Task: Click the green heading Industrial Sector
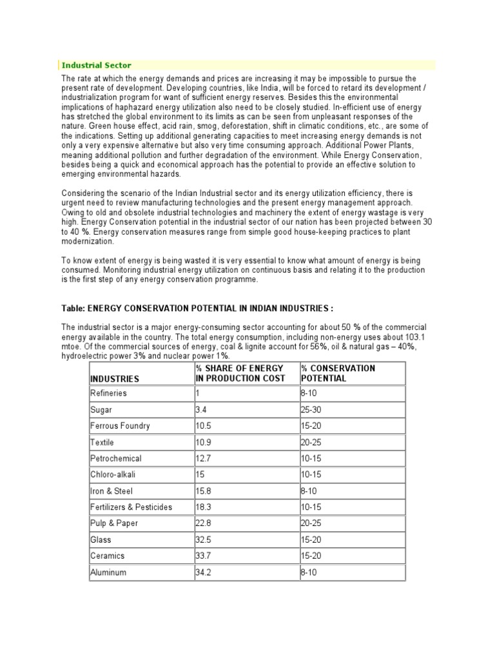[96, 65]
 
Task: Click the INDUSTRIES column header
[115, 379]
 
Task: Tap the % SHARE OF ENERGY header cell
[240, 373]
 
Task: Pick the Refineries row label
[109, 393]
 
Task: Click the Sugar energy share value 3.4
[201, 409]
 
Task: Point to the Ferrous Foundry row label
[121, 426]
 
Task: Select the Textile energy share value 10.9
[204, 442]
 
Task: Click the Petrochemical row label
[116, 458]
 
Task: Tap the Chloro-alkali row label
[113, 474]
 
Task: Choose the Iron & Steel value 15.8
[204, 491]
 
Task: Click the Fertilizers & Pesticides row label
[131, 507]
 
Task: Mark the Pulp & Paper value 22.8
[204, 523]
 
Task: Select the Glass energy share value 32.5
[204, 539]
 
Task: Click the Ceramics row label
[108, 556]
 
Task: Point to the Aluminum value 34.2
[204, 572]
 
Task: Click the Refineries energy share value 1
[198, 393]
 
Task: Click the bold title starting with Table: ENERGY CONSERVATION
[197, 308]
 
